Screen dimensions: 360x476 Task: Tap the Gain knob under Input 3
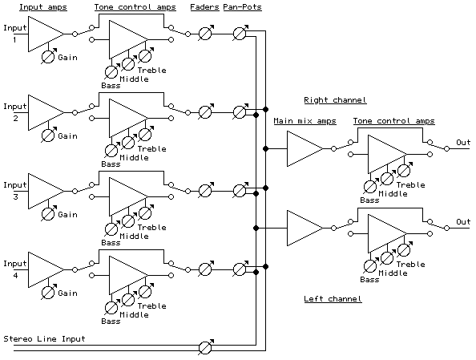[x=48, y=214]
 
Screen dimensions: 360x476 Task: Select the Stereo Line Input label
[x=45, y=338]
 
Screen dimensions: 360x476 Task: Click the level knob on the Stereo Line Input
[x=205, y=348]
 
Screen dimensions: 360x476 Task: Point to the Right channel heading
[x=334, y=100]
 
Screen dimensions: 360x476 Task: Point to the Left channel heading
[x=333, y=299]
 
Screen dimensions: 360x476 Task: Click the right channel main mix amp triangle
[x=303, y=149]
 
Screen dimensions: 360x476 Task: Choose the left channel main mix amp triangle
[x=303, y=228]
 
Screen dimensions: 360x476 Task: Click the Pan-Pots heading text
[x=241, y=6]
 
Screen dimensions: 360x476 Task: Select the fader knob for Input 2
[x=205, y=112]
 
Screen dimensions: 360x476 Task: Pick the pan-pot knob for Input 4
[x=239, y=269]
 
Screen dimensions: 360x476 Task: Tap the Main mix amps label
[x=305, y=121]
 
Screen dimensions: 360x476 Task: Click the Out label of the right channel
[x=463, y=143]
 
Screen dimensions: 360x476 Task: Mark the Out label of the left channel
[x=463, y=221]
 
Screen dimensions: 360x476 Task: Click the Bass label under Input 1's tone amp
[x=111, y=85]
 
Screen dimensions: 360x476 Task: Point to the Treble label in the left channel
[x=411, y=264]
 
